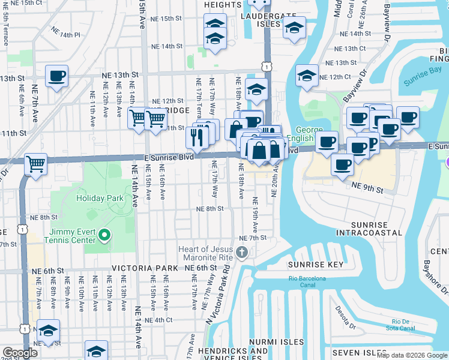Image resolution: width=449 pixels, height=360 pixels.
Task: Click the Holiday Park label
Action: coord(99,197)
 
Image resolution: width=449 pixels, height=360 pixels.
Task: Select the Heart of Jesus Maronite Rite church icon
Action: coord(242,252)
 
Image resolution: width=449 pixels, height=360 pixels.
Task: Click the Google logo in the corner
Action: coord(20,353)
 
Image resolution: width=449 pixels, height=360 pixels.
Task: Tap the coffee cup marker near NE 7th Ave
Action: coord(56,76)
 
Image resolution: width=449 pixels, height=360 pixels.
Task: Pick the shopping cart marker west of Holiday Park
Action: coord(36,163)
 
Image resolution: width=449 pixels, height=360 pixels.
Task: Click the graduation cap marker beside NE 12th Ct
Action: coord(307,76)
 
